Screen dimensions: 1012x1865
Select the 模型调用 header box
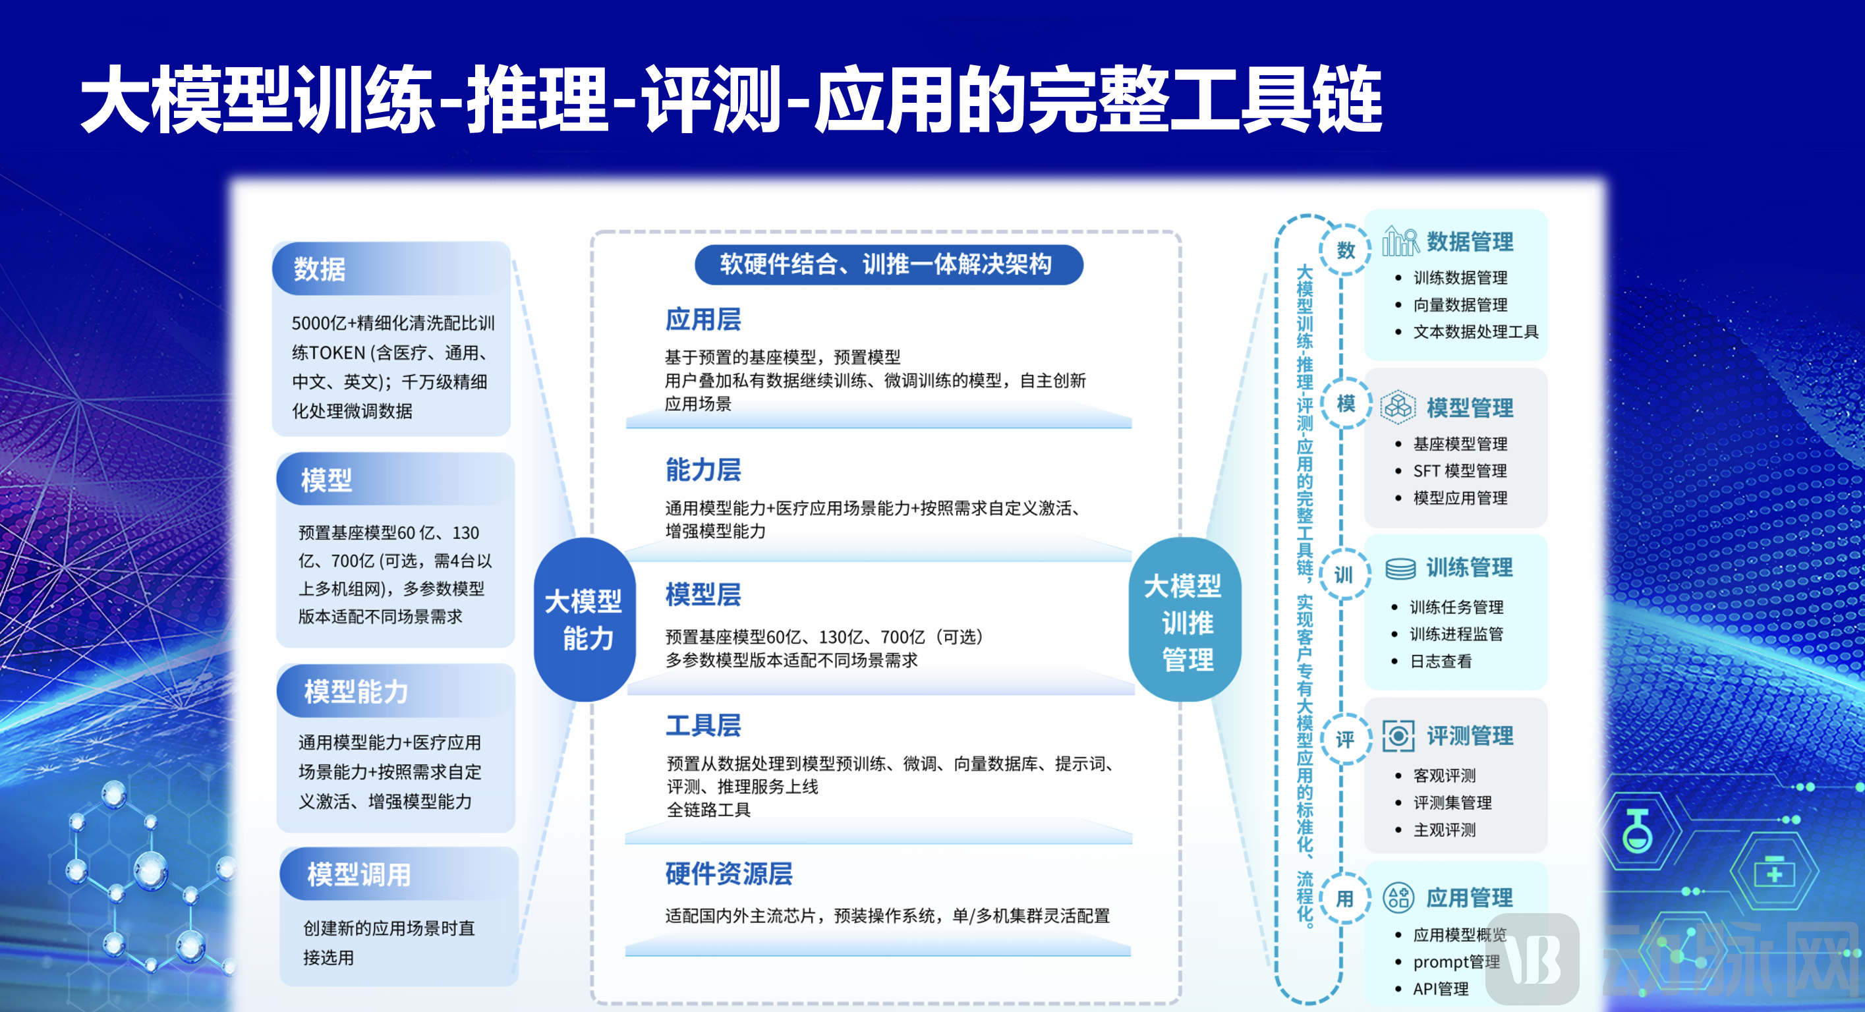(359, 874)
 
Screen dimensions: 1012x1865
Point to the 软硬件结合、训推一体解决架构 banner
(888, 265)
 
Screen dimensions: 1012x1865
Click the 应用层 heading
(703, 320)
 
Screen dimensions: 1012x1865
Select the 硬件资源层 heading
(728, 874)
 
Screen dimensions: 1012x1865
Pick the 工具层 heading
(703, 725)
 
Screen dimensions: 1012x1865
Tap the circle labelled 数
(1345, 250)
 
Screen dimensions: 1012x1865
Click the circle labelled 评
(1345, 739)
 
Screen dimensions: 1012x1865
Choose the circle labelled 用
(1345, 899)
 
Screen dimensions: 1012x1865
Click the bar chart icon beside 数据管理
(1400, 242)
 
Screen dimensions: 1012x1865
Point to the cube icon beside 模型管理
(1398, 407)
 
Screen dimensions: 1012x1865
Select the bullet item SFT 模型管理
(1460, 471)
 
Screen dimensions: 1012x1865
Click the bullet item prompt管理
(1456, 962)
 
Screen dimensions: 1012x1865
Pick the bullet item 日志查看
(1441, 661)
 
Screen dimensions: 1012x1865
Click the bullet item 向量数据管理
(1460, 305)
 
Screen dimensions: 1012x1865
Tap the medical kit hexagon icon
(1775, 873)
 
